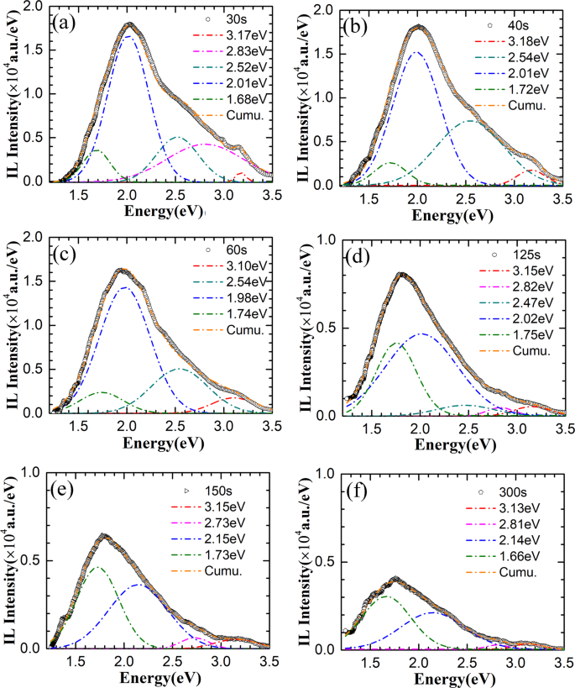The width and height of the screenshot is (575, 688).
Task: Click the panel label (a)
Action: [65, 23]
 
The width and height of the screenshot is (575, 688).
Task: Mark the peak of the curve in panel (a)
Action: [128, 24]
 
